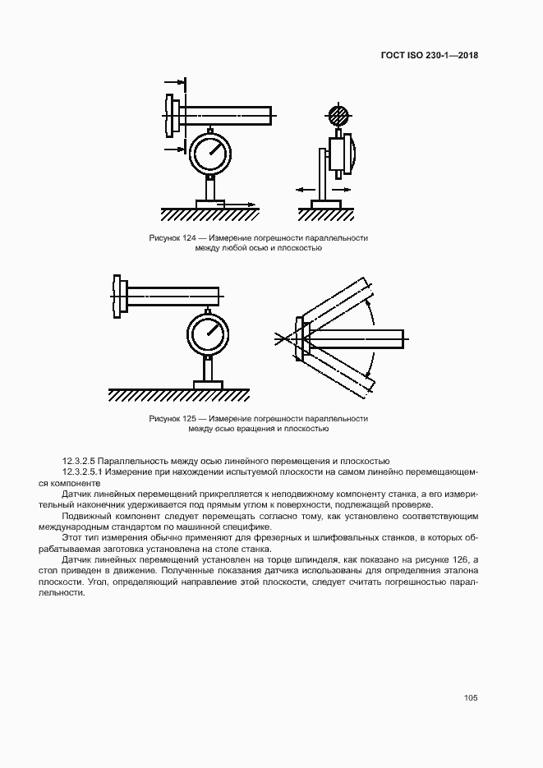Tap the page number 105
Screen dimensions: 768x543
[x=471, y=698]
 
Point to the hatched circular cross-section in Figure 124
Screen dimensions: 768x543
[x=338, y=115]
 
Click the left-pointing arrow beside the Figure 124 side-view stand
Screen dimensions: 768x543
[x=304, y=189]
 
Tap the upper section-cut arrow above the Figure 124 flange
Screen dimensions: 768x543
[x=173, y=82]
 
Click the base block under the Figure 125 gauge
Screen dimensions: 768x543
[x=209, y=384]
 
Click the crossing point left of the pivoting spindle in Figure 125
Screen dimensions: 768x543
[x=287, y=337]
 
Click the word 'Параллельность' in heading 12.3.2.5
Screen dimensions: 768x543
[x=133, y=461]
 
